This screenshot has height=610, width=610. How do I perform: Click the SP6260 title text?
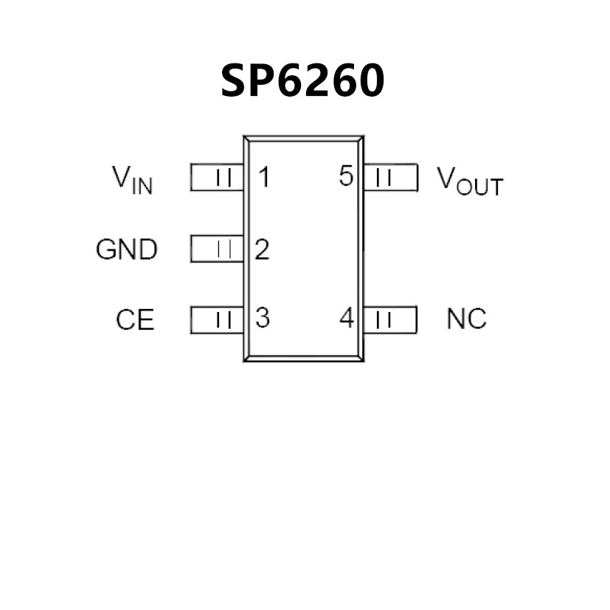pyautogui.click(x=302, y=81)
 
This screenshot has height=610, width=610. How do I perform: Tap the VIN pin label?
pyautogui.click(x=133, y=179)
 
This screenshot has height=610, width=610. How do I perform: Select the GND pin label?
pyautogui.click(x=126, y=249)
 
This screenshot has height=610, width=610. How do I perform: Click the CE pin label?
pyautogui.click(x=135, y=320)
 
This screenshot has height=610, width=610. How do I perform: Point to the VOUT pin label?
pyautogui.click(x=469, y=181)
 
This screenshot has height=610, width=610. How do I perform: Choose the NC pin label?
pyautogui.click(x=466, y=319)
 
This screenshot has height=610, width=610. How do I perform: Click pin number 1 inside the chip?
pyautogui.click(x=263, y=177)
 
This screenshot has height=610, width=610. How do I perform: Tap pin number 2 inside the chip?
pyautogui.click(x=262, y=249)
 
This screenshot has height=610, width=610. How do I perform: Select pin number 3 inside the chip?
pyautogui.click(x=262, y=319)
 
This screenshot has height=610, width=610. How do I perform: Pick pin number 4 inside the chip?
pyautogui.click(x=347, y=319)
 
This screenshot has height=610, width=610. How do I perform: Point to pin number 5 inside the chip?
pyautogui.click(x=347, y=177)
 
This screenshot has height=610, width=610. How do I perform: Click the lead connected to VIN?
pyautogui.click(x=217, y=177)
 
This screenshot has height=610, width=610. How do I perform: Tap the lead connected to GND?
pyautogui.click(x=217, y=249)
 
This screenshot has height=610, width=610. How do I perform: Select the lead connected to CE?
pyautogui.click(x=217, y=319)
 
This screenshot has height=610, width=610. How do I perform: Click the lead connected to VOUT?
pyautogui.click(x=391, y=177)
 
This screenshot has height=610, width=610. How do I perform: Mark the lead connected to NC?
pyautogui.click(x=391, y=319)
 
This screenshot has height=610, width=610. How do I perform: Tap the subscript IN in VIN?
pyautogui.click(x=143, y=186)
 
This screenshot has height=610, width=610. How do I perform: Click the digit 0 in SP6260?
pyautogui.click(x=367, y=81)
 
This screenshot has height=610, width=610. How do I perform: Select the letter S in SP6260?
pyautogui.click(x=236, y=81)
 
